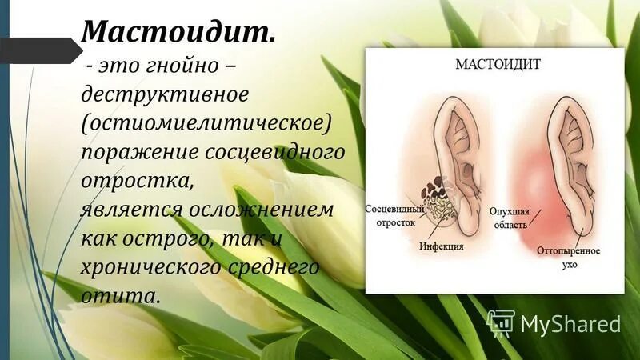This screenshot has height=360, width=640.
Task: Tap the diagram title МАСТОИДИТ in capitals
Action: (496, 63)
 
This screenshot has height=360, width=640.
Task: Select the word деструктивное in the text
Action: (166, 94)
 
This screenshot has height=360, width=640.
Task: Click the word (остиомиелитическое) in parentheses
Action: (206, 122)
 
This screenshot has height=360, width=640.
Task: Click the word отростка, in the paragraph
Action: (137, 180)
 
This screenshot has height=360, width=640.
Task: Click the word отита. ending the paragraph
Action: (120, 295)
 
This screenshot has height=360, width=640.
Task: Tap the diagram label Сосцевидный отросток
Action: (390, 215)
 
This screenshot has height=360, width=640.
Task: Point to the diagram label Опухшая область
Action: (508, 218)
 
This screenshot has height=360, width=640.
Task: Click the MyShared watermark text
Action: (570, 323)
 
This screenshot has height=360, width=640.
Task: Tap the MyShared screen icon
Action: (500, 322)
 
